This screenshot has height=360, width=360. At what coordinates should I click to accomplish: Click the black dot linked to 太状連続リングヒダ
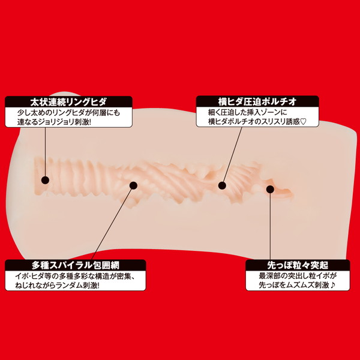[45, 179]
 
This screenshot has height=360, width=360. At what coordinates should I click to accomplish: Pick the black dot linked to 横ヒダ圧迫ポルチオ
[223, 185]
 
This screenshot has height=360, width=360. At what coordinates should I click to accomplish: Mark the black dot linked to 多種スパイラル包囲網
[133, 185]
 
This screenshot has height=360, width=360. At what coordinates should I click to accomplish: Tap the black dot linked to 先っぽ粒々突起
[269, 190]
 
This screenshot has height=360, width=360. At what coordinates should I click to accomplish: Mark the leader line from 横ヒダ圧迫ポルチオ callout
[232, 156]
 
